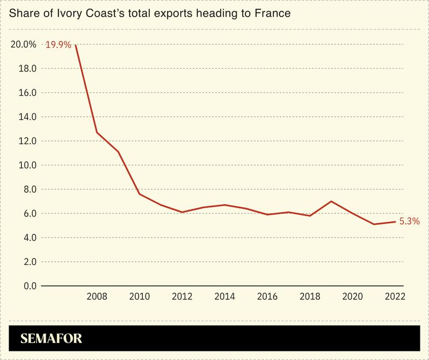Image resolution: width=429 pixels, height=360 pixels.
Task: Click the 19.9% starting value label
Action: click(x=58, y=45)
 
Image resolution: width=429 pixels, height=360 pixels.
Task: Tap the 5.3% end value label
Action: click(x=409, y=221)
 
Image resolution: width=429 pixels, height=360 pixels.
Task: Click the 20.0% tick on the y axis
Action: click(x=23, y=45)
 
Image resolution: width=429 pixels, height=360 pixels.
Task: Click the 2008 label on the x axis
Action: click(x=97, y=297)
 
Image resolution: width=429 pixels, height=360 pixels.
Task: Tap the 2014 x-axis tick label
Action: click(x=225, y=297)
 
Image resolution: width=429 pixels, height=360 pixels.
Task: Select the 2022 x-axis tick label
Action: click(x=395, y=297)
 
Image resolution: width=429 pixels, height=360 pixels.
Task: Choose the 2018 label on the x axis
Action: click(x=310, y=297)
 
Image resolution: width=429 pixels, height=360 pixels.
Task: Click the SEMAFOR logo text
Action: click(x=51, y=339)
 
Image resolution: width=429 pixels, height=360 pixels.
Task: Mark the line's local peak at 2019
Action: click(x=331, y=201)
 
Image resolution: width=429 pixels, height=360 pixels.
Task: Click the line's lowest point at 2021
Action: click(x=374, y=224)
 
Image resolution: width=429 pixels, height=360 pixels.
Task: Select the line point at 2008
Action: click(x=97, y=132)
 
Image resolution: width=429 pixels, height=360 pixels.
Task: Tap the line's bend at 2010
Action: click(x=140, y=194)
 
